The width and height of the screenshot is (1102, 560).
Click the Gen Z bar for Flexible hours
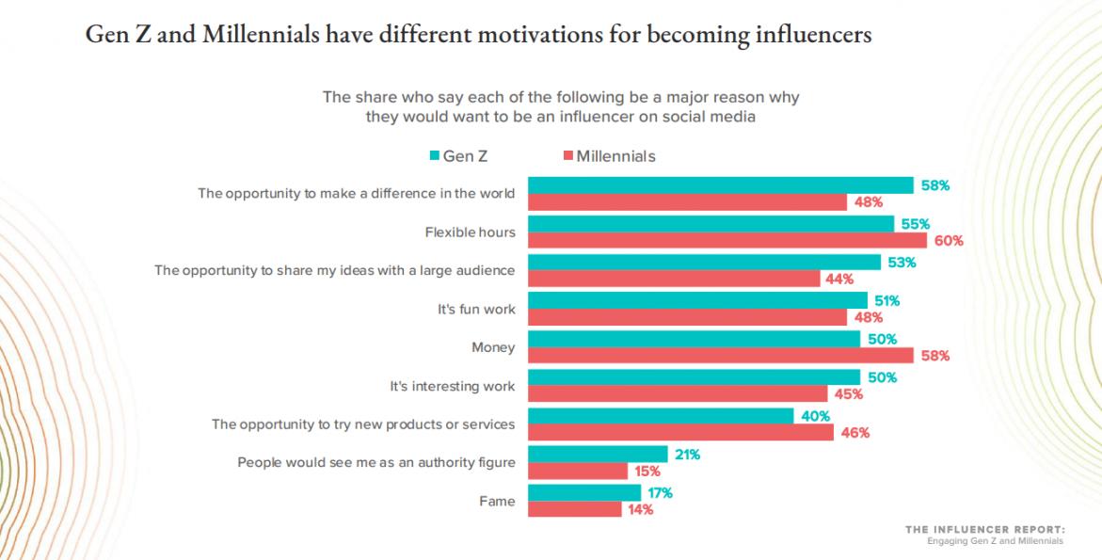[711, 223]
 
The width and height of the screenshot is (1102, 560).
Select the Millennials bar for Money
[720, 356]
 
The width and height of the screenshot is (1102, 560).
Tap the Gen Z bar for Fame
[583, 492]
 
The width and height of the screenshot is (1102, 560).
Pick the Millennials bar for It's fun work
[687, 317]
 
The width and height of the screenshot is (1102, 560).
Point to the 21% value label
[686, 455]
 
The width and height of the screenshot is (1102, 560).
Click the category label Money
[493, 347]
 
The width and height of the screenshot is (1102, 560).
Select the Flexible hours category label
[470, 232]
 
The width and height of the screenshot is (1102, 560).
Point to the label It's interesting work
[453, 386]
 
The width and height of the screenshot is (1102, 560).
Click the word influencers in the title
[806, 36]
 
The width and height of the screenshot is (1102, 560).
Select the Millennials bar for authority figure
[577, 472]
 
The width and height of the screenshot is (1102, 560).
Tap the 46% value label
[854, 433]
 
